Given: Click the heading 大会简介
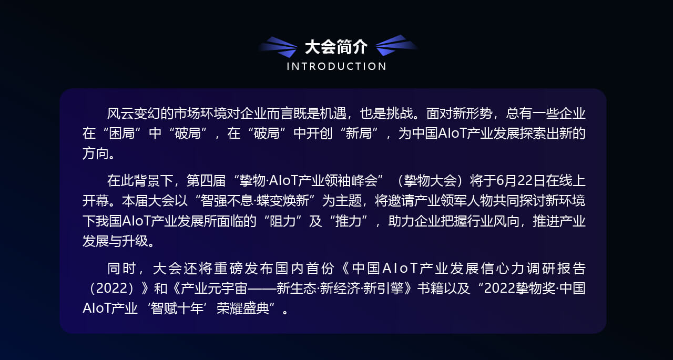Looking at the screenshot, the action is pos(336,47).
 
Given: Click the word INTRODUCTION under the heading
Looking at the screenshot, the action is pos(336,66).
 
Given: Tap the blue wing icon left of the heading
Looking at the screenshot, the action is pos(279,47).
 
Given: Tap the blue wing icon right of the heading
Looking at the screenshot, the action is pos(396,45).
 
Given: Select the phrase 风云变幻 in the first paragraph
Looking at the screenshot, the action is pos(134,114).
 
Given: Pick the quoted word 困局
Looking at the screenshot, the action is pos(122,133).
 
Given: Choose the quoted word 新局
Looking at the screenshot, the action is pos(359,133).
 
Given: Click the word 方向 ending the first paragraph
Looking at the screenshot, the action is pos(96,153).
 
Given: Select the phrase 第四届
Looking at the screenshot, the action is pos(206,181).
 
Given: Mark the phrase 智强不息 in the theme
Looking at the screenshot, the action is pos(227,201).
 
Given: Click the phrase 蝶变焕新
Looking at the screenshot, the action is pos(283,201).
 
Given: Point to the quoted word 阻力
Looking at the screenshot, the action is pos(282,221).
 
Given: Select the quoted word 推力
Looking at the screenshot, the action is pos(348,221).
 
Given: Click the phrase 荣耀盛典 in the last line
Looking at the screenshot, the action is pos(242,308).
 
